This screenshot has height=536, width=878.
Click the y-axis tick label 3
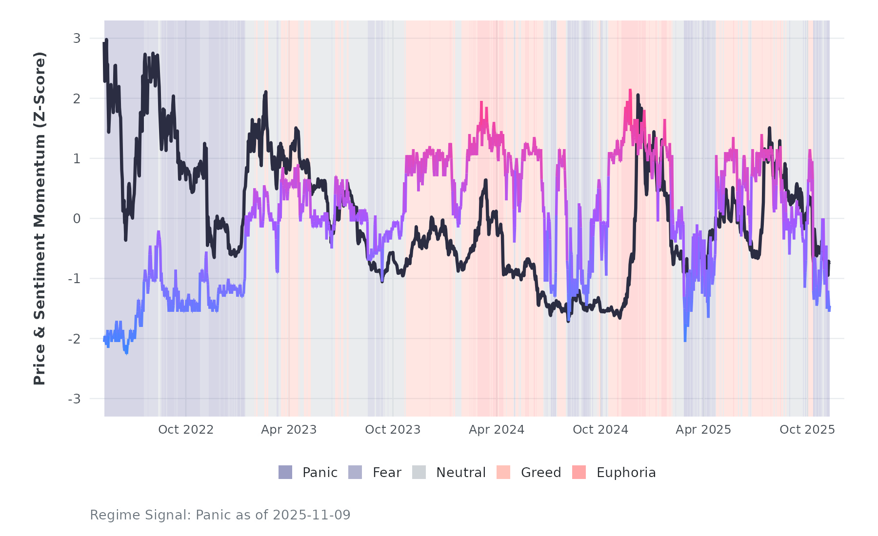tap(77, 38)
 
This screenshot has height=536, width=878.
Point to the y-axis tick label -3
tap(74, 399)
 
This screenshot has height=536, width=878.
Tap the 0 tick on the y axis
tap(77, 219)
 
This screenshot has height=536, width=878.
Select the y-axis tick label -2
tap(74, 339)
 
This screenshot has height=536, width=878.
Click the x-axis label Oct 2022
tap(186, 430)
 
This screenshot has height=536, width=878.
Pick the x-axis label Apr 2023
tap(289, 430)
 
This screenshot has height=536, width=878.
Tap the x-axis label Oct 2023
tap(393, 430)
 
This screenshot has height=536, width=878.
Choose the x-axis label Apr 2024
tap(497, 430)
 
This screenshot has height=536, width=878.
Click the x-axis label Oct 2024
tap(600, 430)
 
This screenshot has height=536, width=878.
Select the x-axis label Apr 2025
tap(703, 430)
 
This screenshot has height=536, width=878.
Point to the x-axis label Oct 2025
tap(807, 430)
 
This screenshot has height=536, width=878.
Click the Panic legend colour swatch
tap(285, 472)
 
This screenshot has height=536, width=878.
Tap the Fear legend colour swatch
tap(355, 472)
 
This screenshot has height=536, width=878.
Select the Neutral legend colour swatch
tap(419, 472)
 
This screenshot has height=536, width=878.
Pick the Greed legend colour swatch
tap(503, 472)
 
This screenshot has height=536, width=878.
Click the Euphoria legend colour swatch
tap(579, 472)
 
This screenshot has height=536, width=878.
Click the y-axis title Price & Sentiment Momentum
tap(40, 218)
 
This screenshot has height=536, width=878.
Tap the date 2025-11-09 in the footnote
tap(312, 515)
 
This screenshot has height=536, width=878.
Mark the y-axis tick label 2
tap(77, 98)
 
